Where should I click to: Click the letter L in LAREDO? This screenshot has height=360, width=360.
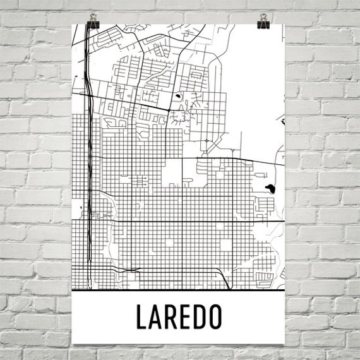click(x=140, y=318)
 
